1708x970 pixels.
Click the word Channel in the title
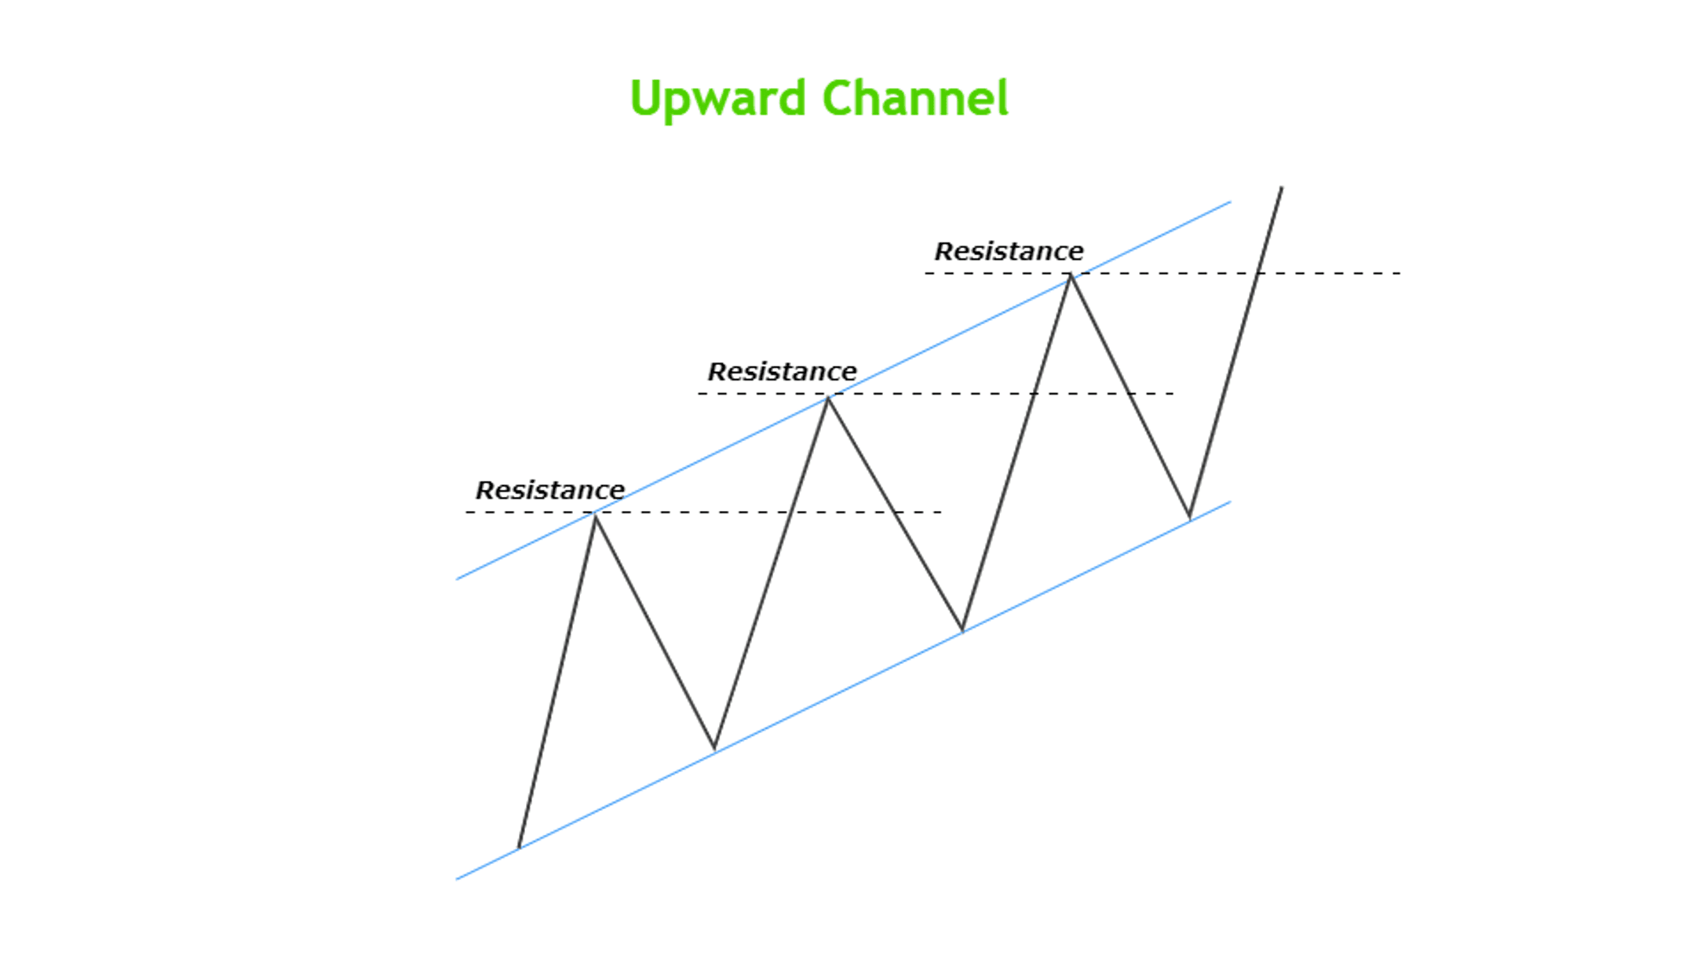pyautogui.click(x=915, y=97)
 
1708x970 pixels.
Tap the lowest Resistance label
pyautogui.click(x=550, y=490)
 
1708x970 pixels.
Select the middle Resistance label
pyautogui.click(x=783, y=372)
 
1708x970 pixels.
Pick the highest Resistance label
pyautogui.click(x=1009, y=252)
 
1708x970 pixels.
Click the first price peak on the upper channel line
pyautogui.click(x=596, y=514)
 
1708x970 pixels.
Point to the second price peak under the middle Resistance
pyautogui.click(x=827, y=398)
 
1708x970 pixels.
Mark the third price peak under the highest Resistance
pyautogui.click(x=1071, y=275)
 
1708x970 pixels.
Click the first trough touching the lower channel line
pyautogui.click(x=714, y=749)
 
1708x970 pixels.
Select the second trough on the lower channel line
pyautogui.click(x=962, y=630)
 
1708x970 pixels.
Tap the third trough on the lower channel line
pyautogui.click(x=1190, y=519)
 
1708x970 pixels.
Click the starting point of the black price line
pyautogui.click(x=519, y=848)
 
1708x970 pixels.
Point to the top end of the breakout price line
pyautogui.click(x=1282, y=187)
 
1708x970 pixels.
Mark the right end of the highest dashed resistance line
pyautogui.click(x=1400, y=273)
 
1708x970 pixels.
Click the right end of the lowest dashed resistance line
pyautogui.click(x=941, y=512)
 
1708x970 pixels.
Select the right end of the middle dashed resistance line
pyautogui.click(x=1173, y=393)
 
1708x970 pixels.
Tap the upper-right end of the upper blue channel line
pyautogui.click(x=1231, y=202)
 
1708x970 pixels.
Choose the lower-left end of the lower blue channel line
pyautogui.click(x=456, y=879)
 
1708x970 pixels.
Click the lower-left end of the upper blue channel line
pyautogui.click(x=456, y=579)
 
